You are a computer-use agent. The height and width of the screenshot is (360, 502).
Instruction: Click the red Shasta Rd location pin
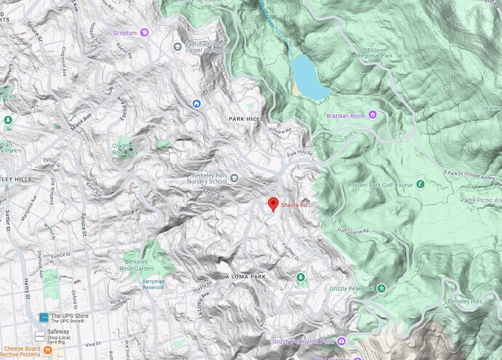[x=273, y=204]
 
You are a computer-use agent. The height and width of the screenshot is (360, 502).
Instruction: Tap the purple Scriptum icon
[x=144, y=32]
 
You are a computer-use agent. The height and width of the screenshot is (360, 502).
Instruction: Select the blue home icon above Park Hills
[x=196, y=104]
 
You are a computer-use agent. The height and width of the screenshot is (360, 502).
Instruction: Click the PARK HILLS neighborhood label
[x=244, y=119]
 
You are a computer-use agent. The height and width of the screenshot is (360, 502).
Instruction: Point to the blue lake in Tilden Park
[x=308, y=77]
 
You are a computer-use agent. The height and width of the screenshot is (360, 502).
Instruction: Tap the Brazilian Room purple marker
[x=372, y=114]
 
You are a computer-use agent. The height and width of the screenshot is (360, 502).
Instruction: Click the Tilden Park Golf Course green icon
[x=420, y=183]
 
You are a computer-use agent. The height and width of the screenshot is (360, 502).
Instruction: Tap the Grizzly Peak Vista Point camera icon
[x=342, y=340]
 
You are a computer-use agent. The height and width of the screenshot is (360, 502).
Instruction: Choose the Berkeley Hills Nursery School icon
[x=234, y=176]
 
